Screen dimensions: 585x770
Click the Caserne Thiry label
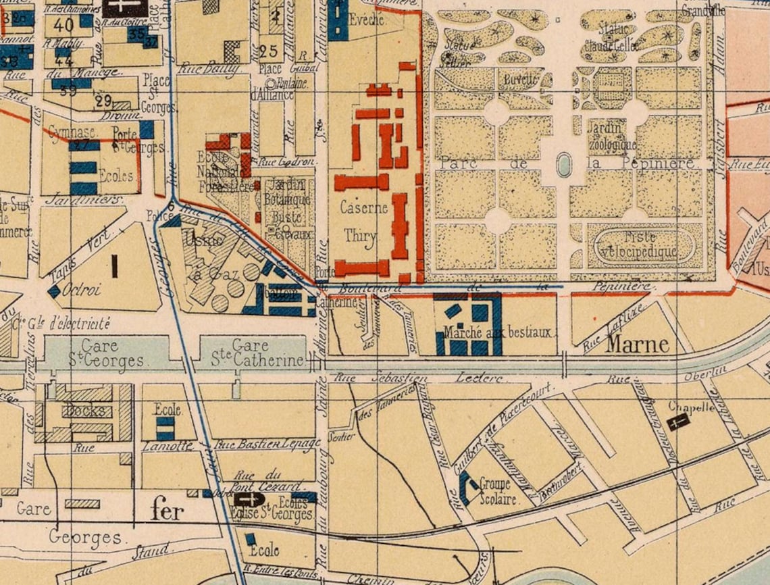pos(365,221)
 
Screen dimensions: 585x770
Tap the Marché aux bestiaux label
pos(500,332)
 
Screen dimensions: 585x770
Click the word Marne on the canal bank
pos(638,345)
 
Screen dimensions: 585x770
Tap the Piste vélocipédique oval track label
pos(639,246)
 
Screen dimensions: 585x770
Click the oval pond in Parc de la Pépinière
pos(564,164)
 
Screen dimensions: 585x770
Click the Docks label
pos(85,411)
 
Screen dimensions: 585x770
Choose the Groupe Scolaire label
pos(498,492)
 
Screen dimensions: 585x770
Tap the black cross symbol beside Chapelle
pos(677,422)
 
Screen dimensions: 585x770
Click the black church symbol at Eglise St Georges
pos(247,499)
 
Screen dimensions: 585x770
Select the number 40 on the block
pos(64,26)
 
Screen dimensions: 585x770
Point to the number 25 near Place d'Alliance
pos(268,51)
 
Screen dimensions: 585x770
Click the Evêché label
pos(368,20)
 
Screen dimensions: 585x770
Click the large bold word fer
pos(168,511)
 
